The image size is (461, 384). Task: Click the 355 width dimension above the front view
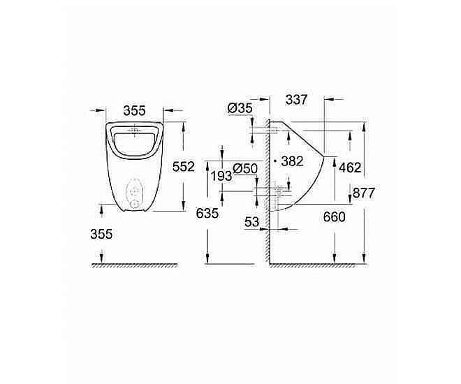(134, 110)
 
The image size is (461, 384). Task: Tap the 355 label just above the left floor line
(101, 235)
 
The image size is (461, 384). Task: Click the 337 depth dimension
(296, 100)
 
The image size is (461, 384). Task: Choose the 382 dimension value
(292, 161)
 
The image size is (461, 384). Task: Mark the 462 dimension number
(349, 168)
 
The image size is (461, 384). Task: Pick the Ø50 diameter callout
(245, 168)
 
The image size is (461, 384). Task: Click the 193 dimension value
(221, 176)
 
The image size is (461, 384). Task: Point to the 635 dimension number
(208, 214)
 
